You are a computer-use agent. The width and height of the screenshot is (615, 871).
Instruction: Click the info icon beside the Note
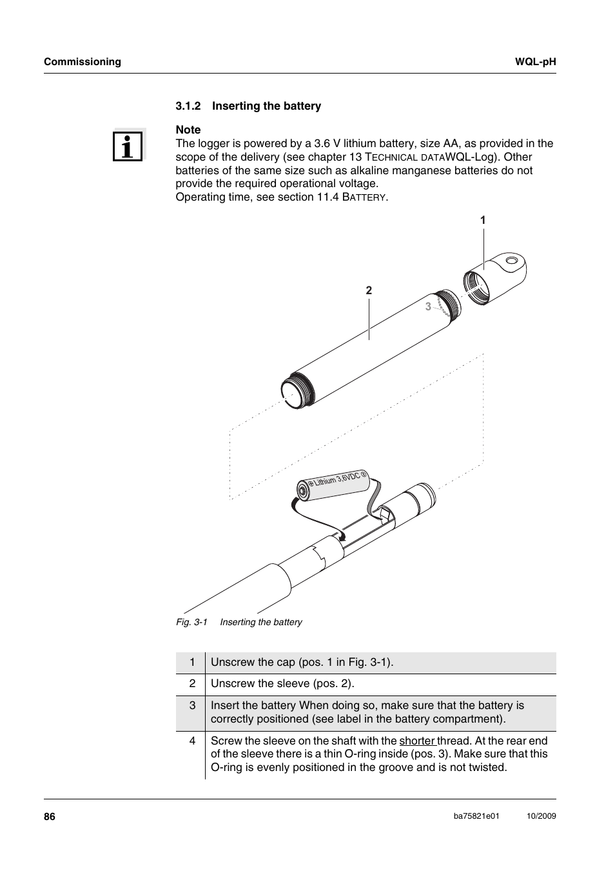point(128,145)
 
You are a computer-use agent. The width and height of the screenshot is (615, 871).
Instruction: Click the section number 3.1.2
point(188,106)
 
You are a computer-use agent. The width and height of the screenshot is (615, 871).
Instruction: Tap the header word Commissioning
point(83,62)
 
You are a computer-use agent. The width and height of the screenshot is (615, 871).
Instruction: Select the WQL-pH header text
point(535,62)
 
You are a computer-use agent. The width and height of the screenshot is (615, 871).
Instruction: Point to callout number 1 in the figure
point(482,220)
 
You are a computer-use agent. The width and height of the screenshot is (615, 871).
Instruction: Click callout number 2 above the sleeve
point(369,290)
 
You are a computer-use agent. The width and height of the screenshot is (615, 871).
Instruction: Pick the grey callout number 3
point(427,307)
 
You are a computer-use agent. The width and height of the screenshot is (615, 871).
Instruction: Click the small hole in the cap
point(512,262)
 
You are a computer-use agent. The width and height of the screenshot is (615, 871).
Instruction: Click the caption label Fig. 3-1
point(191,622)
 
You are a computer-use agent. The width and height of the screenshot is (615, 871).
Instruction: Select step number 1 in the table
point(191,662)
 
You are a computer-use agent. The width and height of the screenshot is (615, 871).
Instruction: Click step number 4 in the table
point(191,741)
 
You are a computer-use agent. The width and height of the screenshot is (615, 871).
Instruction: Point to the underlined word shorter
point(416,741)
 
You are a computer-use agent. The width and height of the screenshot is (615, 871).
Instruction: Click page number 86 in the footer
point(50,817)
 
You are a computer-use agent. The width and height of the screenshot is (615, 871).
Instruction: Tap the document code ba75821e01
point(476,816)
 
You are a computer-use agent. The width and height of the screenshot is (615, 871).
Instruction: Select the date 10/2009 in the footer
point(541,816)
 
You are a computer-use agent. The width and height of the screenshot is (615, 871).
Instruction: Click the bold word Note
point(188,130)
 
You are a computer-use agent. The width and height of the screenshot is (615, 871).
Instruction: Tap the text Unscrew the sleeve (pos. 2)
point(282,683)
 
